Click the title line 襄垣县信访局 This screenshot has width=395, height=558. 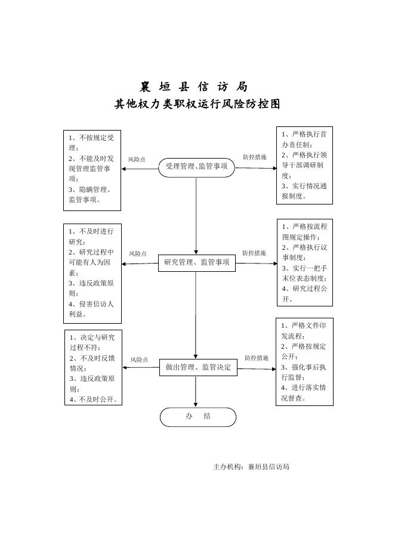pyautogui.click(x=194, y=86)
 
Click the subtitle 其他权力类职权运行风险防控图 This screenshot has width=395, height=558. pyautogui.click(x=197, y=104)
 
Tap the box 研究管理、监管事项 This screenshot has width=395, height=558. pyautogui.click(x=197, y=263)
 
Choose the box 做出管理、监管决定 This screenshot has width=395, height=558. pyautogui.click(x=198, y=368)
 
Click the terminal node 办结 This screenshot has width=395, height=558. pyautogui.click(x=197, y=417)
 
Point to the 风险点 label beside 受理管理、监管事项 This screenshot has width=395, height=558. pyautogui.click(x=137, y=160)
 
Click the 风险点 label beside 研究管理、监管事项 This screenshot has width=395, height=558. pyautogui.click(x=138, y=254)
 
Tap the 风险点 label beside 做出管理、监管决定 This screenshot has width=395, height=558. pyautogui.click(x=139, y=360)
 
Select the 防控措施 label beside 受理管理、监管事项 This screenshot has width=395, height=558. pyautogui.click(x=254, y=157)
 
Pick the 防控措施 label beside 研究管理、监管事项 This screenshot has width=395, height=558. pyautogui.click(x=254, y=253)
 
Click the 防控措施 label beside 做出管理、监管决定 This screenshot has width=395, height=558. pyautogui.click(x=257, y=358)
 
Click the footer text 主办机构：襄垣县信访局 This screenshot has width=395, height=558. pyautogui.click(x=251, y=467)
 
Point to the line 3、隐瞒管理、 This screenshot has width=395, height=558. pyautogui.click(x=90, y=190)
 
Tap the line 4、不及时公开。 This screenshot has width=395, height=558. pyautogui.click(x=93, y=399)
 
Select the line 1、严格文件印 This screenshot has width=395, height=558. pyautogui.click(x=304, y=325)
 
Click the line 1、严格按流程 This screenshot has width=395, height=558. pyautogui.click(x=304, y=227)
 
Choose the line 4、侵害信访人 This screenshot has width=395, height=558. pyautogui.click(x=91, y=304)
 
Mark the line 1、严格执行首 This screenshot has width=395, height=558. pyautogui.click(x=304, y=134)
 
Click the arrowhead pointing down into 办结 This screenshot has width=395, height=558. pyautogui.click(x=196, y=405)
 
